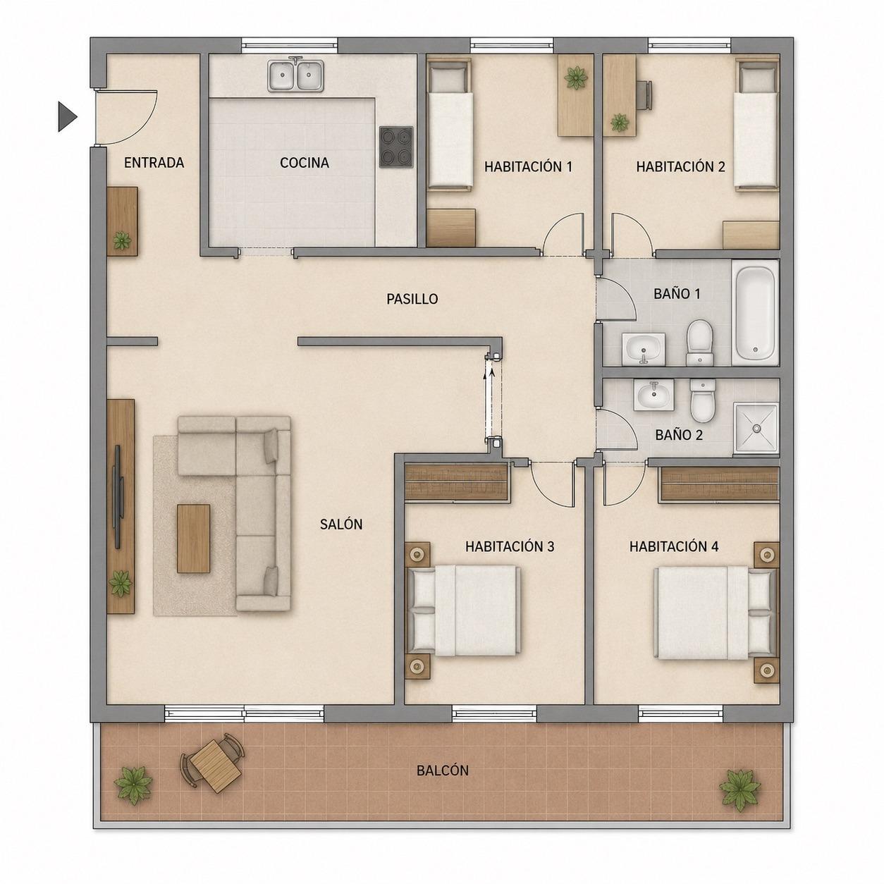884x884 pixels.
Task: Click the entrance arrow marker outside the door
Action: click(67, 117)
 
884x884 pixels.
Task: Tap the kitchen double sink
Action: click(296, 75)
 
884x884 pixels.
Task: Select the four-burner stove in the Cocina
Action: click(396, 147)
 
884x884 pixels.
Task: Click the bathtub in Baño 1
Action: click(755, 313)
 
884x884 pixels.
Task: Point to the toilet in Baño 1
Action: click(699, 343)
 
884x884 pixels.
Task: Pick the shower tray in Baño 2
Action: click(756, 429)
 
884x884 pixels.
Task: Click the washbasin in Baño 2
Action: click(653, 394)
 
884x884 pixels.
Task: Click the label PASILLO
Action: click(412, 299)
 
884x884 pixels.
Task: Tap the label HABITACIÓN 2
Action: click(680, 167)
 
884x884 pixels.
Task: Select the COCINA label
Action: click(304, 163)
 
